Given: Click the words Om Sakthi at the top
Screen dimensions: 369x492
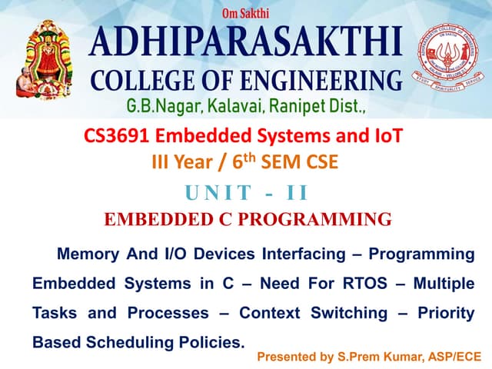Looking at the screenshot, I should [x=245, y=13].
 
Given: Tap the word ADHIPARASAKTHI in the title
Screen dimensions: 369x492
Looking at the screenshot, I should [x=245, y=43].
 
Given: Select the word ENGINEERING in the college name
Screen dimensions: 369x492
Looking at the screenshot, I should [x=322, y=80].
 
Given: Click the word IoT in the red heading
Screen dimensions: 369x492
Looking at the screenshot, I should [x=387, y=138].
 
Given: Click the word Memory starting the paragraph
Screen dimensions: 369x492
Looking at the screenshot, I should [x=88, y=254].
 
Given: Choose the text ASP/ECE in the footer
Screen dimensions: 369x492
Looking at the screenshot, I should [x=447, y=357].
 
